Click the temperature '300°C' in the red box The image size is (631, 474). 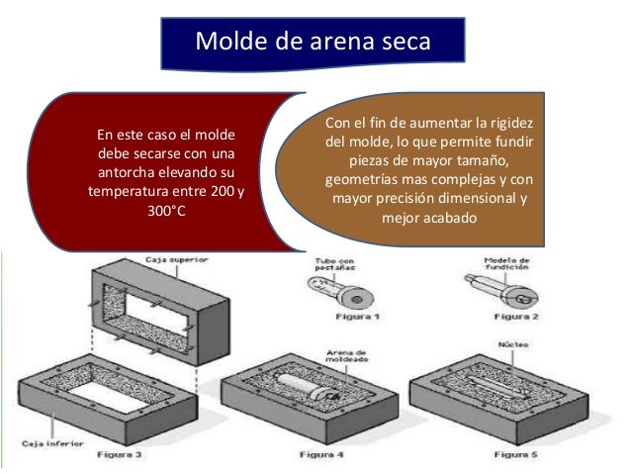coord(165,211)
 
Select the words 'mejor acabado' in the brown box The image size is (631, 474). coord(427,218)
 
